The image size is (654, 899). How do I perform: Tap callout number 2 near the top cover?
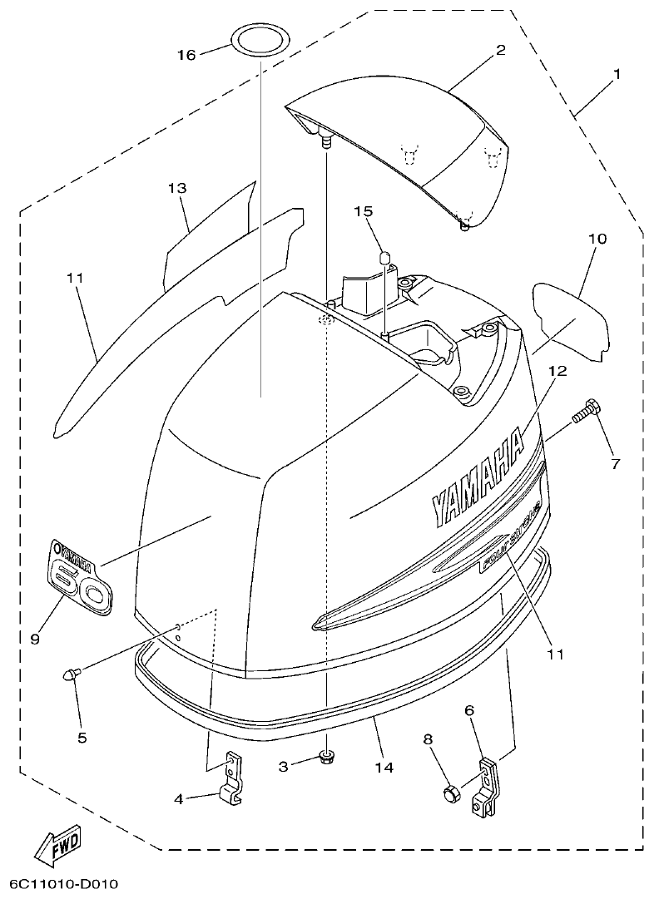(500, 50)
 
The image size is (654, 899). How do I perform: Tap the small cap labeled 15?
(385, 257)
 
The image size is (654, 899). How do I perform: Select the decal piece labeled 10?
(572, 319)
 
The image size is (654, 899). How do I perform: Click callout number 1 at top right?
(617, 74)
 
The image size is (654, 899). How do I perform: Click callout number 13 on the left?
(177, 189)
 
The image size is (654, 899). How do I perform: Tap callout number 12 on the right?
(557, 371)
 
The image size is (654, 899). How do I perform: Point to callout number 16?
(186, 55)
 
